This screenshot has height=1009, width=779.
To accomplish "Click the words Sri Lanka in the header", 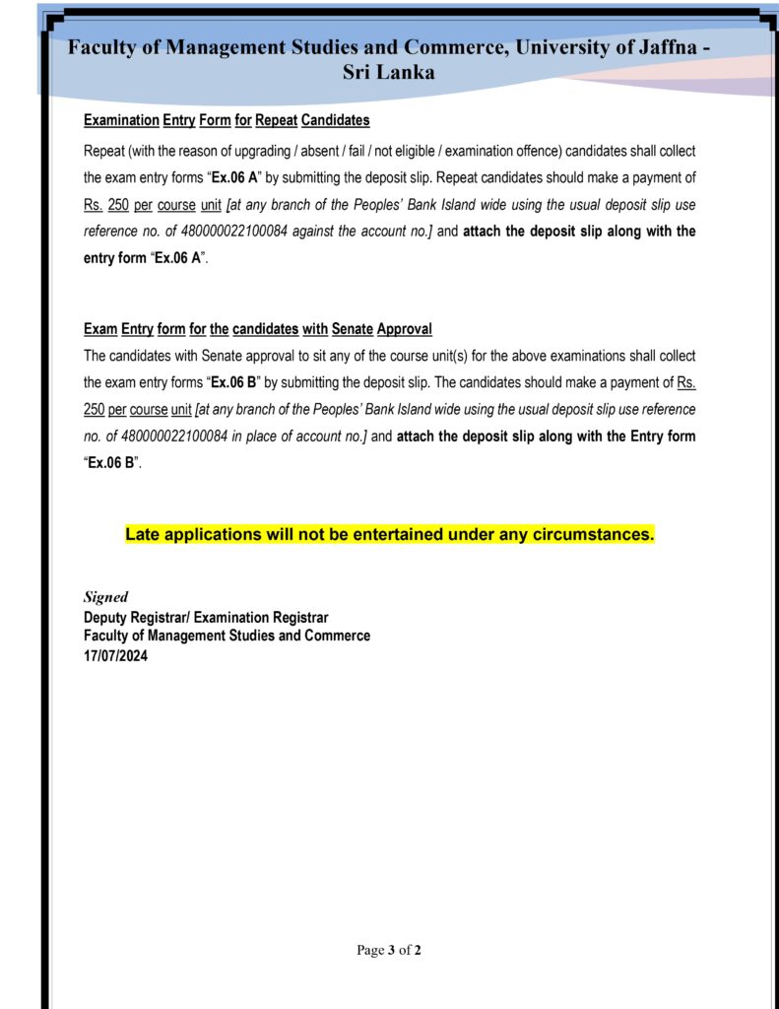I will point(388,72).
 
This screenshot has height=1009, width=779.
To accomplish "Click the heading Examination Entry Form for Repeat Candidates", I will point(227,120).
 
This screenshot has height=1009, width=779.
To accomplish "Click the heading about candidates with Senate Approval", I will point(258,329).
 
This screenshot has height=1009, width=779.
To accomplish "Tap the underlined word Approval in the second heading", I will point(404,329).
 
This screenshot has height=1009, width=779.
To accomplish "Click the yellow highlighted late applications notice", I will point(389,535).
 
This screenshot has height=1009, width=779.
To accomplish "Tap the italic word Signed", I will point(105,597).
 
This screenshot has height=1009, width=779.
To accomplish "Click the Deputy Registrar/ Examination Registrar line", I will point(206,618).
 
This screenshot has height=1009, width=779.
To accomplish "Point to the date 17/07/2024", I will point(116,654).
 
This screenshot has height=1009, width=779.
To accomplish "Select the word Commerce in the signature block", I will point(338,636).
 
